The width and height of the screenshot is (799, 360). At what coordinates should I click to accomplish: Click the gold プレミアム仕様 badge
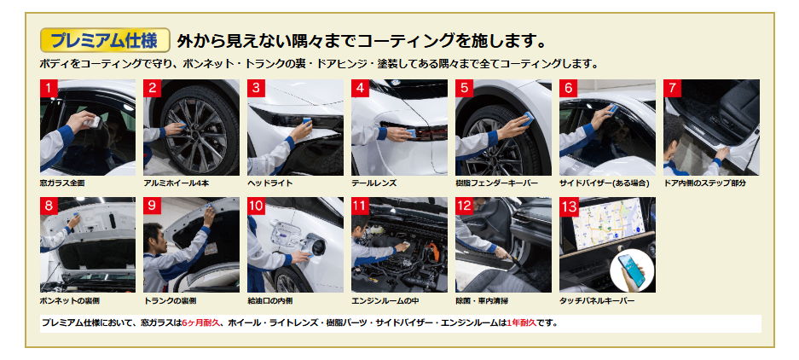click(105, 40)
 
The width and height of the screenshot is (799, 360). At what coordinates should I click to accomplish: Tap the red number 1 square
click(49, 88)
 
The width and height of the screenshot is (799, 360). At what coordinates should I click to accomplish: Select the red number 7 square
click(672, 88)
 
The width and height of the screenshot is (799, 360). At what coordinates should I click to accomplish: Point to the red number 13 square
click(569, 206)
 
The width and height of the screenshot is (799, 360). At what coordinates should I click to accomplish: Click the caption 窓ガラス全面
click(62, 183)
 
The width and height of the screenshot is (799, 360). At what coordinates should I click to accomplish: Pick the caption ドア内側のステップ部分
click(704, 183)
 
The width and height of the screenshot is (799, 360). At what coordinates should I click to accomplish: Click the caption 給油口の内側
click(270, 301)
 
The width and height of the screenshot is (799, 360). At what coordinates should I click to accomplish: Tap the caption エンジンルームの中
click(385, 301)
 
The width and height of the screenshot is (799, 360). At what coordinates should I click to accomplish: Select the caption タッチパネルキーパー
click(597, 301)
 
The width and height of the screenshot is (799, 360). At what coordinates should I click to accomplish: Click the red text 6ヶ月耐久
click(200, 322)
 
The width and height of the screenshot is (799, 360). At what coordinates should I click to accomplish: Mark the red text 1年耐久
click(522, 322)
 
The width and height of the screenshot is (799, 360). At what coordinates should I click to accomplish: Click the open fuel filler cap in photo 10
click(316, 247)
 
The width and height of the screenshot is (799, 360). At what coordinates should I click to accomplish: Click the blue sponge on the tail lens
click(411, 134)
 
